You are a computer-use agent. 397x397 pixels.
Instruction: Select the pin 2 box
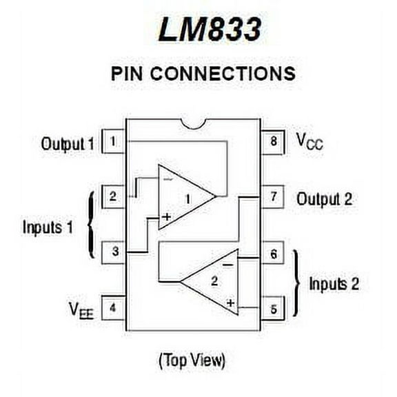112,196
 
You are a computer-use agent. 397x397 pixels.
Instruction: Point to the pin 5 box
273,308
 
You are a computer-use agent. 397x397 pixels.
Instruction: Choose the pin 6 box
273,254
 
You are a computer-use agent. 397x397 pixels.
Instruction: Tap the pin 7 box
273,198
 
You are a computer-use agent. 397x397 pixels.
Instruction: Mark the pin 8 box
273,142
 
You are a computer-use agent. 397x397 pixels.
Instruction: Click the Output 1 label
67,144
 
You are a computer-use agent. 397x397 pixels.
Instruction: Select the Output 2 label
324,199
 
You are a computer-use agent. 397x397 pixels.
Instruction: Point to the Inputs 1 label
48,227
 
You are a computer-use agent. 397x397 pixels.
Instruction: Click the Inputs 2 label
334,283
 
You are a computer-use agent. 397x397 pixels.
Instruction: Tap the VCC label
309,142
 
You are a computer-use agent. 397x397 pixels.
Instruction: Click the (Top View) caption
192,359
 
